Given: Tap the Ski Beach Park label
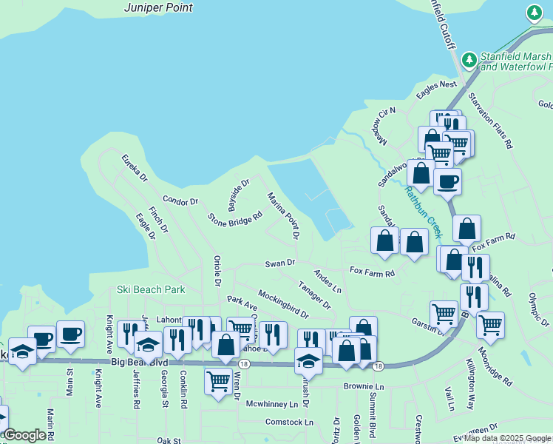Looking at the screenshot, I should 151,289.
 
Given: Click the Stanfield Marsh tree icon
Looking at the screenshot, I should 468,59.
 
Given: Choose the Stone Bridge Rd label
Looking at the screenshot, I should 235,219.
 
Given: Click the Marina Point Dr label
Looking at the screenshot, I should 283,216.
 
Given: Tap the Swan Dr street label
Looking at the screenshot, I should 280,263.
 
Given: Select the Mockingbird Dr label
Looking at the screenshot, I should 282,304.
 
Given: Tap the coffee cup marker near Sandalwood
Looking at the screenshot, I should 447,181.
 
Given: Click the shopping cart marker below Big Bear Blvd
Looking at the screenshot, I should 218,383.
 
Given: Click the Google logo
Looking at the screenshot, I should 24,435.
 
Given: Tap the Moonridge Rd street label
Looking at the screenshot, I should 495,367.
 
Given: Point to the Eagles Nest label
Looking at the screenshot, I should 436,86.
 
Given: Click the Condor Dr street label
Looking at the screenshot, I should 180,201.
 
